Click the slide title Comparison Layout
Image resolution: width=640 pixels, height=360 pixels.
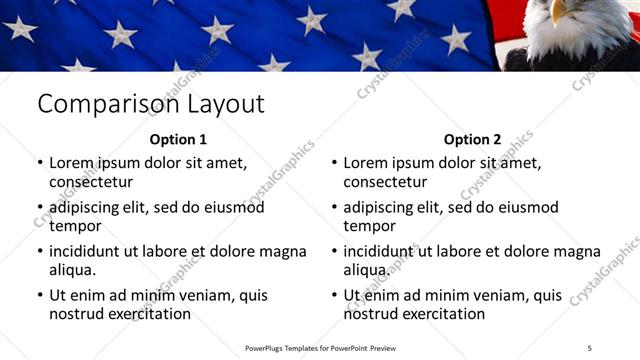[x=150, y=104]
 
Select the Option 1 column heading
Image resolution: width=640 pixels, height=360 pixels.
[x=178, y=140]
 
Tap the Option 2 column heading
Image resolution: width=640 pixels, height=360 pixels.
[x=472, y=140]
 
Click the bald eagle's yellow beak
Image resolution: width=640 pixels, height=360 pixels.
[x=560, y=12]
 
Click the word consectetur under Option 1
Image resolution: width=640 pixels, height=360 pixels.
[x=91, y=182]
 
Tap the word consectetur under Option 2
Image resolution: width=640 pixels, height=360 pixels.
[x=385, y=182]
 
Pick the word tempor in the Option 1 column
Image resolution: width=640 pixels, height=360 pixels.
[x=74, y=226]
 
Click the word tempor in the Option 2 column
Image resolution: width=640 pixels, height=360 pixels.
[x=368, y=226]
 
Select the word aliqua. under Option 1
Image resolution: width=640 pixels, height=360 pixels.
[x=73, y=270]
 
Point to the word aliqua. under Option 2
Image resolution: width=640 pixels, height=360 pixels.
[x=367, y=270]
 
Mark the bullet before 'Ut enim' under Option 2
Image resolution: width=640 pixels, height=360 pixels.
[x=333, y=296]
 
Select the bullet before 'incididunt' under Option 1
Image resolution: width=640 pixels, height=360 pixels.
[x=39, y=252]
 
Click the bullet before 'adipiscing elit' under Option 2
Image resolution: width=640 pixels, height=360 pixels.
[x=333, y=208]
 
